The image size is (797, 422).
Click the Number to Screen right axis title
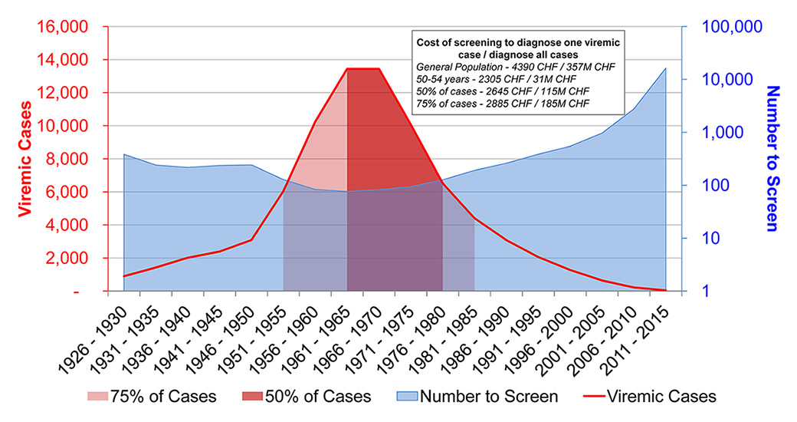point(772,158)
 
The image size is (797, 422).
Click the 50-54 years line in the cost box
point(497,79)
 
